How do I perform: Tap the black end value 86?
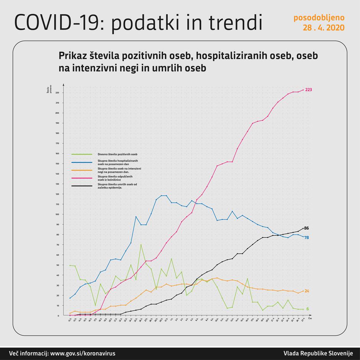pyautogui.click(x=306, y=228)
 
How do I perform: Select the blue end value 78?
pyautogui.click(x=306, y=237)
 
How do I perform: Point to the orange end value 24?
pyautogui.click(x=306, y=291)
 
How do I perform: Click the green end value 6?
pyautogui.click(x=307, y=309)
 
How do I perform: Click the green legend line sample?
pyautogui.click(x=82, y=154)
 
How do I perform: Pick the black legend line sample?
pyautogui.click(x=82, y=187)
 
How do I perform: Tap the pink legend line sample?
pyautogui.click(x=82, y=178)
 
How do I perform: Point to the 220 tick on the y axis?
pyautogui.click(x=57, y=93)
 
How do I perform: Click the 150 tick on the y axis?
pyautogui.click(x=57, y=164)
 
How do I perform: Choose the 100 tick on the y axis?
pyautogui.click(x=57, y=214)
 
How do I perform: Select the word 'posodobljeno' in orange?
pyautogui.click(x=319, y=18)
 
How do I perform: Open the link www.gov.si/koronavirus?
pyautogui.click(x=83, y=353)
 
